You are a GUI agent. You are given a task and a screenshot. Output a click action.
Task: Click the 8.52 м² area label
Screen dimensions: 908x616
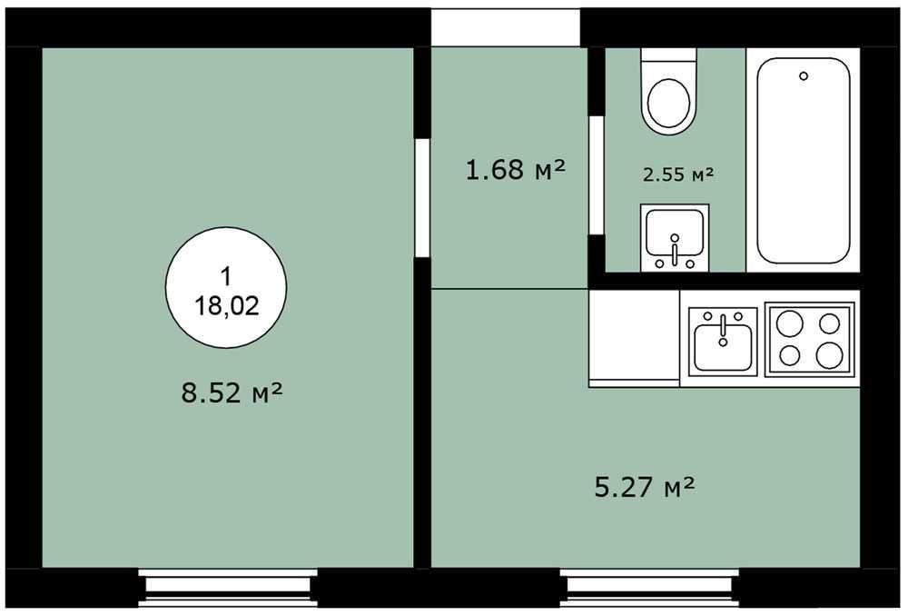tap(232, 392)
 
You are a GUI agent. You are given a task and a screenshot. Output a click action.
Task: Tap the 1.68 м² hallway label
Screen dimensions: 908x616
tap(516, 170)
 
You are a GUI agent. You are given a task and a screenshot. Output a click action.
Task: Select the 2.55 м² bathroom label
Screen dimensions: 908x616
tap(678, 174)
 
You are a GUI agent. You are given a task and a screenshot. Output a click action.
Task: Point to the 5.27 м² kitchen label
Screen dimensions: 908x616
tap(645, 487)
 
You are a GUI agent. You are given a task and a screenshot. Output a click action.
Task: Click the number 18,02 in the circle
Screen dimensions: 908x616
tap(226, 305)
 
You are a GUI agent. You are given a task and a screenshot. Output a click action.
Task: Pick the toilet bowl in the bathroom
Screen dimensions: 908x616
tap(669, 104)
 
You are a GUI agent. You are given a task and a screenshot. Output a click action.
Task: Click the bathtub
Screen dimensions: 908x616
tap(804, 160)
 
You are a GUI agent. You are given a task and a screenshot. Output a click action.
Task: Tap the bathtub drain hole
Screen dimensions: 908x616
tap(804, 76)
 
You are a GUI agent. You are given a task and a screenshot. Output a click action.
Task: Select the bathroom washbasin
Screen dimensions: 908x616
tap(675, 238)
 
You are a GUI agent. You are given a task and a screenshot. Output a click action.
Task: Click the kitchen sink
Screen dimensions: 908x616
tap(723, 342)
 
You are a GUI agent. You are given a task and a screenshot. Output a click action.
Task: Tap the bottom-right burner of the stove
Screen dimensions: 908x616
tap(829, 355)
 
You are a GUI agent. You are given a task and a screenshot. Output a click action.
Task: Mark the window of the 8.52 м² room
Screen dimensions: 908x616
tap(228, 588)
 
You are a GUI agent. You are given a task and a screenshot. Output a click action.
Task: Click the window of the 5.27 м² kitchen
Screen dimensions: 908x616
tap(649, 588)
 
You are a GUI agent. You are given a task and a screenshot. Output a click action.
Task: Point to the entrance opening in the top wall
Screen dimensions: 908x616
tap(506, 28)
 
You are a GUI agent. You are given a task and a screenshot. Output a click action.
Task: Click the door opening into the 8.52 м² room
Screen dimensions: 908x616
tap(423, 196)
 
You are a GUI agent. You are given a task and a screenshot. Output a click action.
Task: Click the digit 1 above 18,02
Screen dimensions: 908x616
tap(226, 276)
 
